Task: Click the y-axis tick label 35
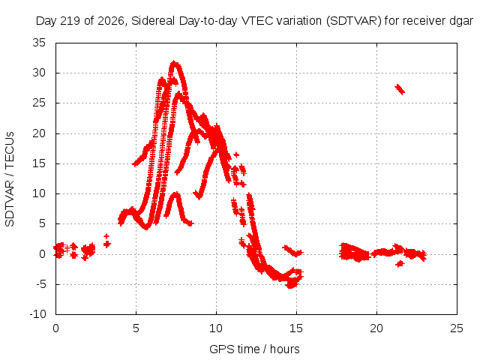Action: coord(39,43)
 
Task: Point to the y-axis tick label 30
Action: coord(39,73)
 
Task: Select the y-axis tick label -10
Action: coord(37,314)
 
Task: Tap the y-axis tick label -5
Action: coord(39,284)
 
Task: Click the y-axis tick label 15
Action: coord(39,163)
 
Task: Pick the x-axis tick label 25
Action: coord(457,328)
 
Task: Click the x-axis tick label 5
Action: coord(136,328)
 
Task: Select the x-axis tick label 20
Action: coord(376,328)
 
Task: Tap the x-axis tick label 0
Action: coord(55,328)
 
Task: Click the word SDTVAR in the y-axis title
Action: coord(10,203)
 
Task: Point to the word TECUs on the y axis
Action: coord(10,149)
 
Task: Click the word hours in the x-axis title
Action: coord(285,349)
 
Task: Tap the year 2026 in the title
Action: coord(110,21)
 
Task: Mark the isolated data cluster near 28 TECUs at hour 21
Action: coord(400,89)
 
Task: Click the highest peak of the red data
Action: coord(174,62)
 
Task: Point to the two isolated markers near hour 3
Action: coord(106,241)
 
